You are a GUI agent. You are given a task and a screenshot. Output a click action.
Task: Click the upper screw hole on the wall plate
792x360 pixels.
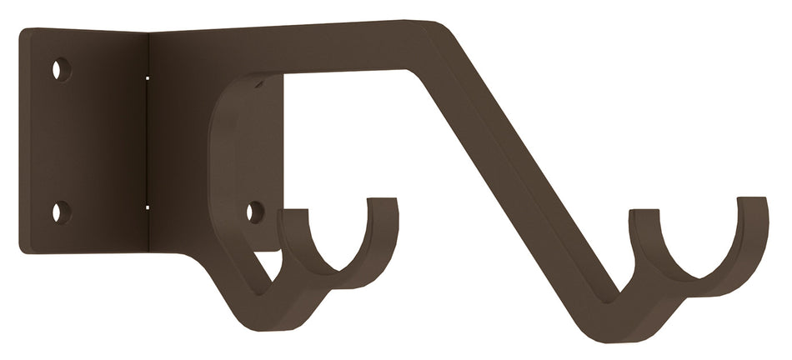tap(61, 69)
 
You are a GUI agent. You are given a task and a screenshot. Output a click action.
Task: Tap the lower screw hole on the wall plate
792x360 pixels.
tap(61, 212)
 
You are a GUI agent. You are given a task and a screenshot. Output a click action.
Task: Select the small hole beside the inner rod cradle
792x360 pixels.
tap(255, 212)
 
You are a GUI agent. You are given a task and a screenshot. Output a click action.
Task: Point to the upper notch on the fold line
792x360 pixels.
tap(148, 77)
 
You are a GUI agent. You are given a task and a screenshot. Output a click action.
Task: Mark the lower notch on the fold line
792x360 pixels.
tap(148, 207)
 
